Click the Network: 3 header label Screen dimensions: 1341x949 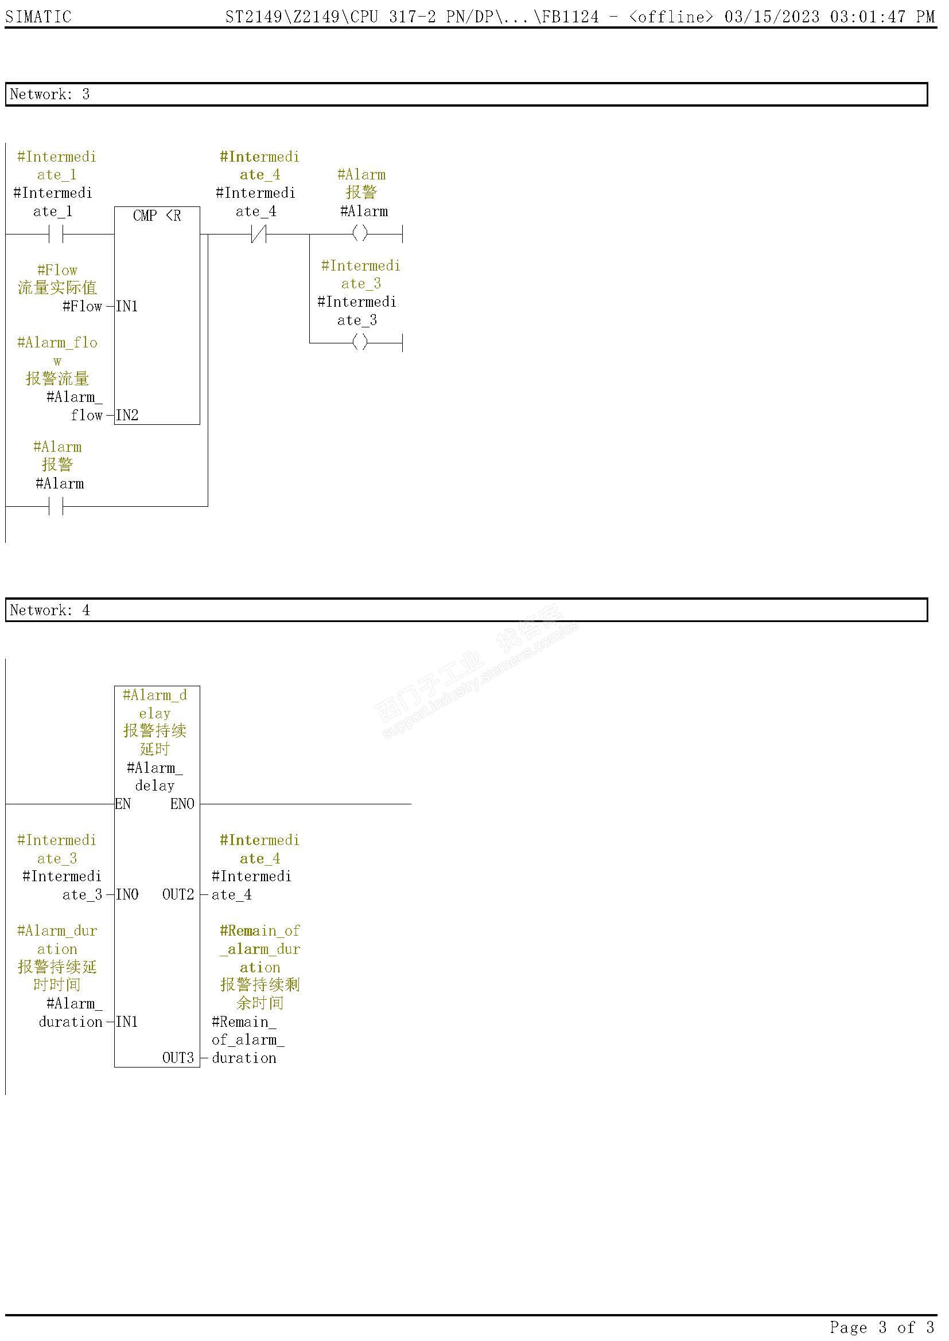click(50, 95)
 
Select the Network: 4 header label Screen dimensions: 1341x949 click(50, 611)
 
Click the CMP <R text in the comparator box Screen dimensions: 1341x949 click(157, 216)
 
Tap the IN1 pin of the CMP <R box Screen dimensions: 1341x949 click(127, 307)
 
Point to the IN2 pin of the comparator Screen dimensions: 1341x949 click(127, 415)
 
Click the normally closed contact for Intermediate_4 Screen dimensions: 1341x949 click(258, 234)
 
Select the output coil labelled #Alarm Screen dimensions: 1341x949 click(360, 233)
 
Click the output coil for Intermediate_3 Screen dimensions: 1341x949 click(360, 342)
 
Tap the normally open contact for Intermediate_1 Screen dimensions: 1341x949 click(56, 234)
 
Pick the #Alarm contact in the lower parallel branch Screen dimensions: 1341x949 click(56, 506)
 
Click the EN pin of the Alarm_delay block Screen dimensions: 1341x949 click(123, 804)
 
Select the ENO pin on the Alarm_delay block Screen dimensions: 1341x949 click(182, 804)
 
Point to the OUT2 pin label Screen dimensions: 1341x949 click(178, 895)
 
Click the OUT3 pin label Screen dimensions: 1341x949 click(178, 1058)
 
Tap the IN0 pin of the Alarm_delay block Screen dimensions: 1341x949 click(127, 895)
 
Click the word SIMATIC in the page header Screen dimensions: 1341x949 click(38, 17)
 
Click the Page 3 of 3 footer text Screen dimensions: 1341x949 click(882, 1327)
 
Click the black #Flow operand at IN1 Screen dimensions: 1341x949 click(83, 307)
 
